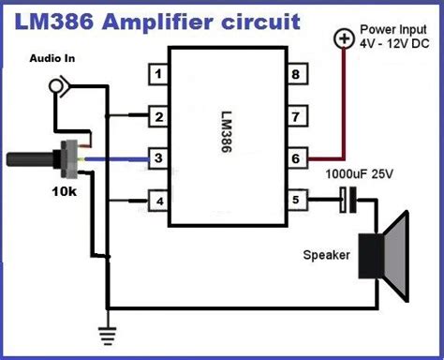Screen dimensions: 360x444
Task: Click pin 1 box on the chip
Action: pyautogui.click(x=160, y=73)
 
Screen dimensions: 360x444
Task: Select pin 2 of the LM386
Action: pyautogui.click(x=160, y=116)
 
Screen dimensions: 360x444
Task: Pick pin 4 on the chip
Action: pyautogui.click(x=160, y=200)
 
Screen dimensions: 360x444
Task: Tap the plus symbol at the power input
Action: pyautogui.click(x=344, y=39)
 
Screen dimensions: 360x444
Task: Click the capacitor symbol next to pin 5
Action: pyautogui.click(x=346, y=200)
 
